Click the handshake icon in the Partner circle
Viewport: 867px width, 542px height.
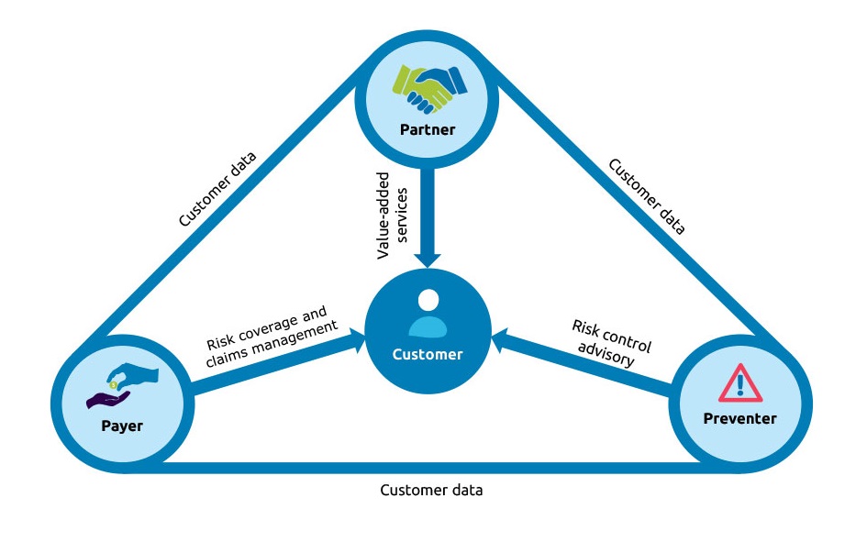428,88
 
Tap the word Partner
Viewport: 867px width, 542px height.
428,129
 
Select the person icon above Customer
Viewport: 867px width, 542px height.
427,315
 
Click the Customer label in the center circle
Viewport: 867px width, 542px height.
428,354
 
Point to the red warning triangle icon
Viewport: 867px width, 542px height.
740,383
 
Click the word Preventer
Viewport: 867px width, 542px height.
739,419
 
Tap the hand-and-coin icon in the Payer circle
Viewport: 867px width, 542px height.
121,384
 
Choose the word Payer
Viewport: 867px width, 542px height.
121,426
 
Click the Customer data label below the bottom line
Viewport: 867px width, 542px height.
431,490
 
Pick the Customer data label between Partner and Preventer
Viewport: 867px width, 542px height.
647,197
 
